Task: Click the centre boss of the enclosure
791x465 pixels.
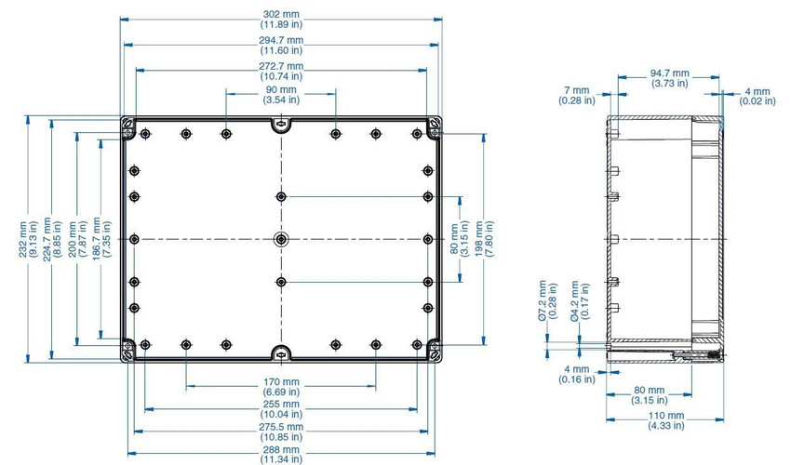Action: point(281,239)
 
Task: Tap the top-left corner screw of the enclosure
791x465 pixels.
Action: point(127,123)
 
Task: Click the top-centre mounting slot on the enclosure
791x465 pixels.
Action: point(281,123)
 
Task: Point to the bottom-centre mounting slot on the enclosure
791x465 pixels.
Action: point(281,354)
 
